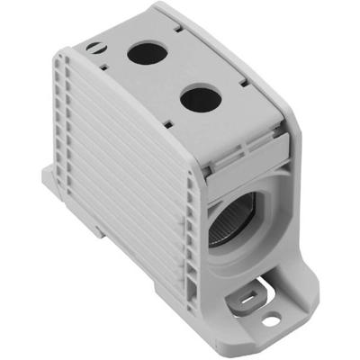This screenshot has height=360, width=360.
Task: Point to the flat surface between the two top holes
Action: coord(171,76)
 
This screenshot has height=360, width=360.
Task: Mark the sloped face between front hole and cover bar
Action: coord(229,126)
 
